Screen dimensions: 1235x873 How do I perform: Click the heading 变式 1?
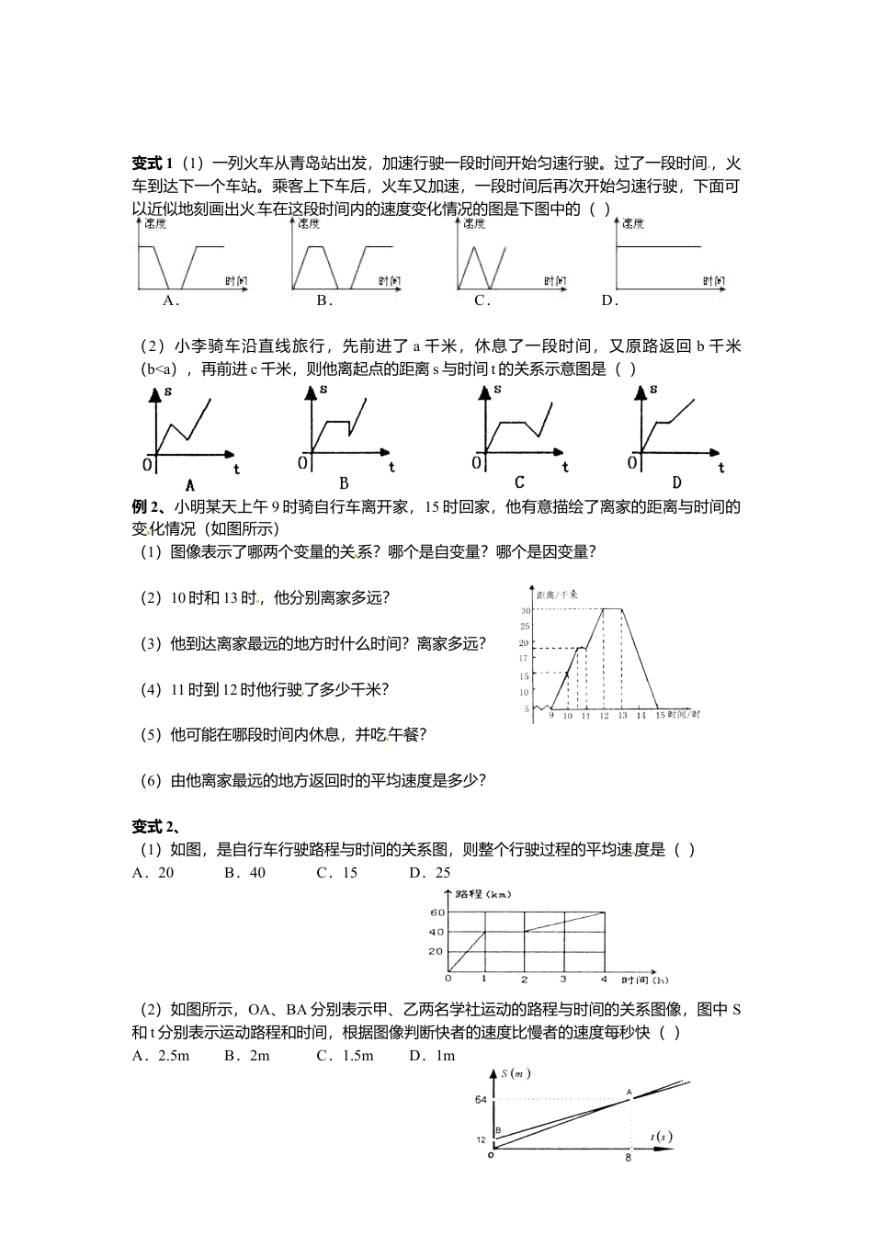(153, 164)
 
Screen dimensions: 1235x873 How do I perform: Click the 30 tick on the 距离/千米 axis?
(526, 610)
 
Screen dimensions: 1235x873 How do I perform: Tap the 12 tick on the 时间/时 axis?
(603, 715)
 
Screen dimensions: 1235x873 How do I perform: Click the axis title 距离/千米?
(557, 595)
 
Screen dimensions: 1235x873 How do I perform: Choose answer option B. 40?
(244, 873)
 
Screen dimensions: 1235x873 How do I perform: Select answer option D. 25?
(430, 873)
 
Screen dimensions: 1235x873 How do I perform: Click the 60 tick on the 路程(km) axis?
(436, 913)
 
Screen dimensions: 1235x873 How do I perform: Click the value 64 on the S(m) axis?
(481, 1100)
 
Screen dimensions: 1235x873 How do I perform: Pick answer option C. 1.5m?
(345, 1056)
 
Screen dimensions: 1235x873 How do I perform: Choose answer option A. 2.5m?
(161, 1056)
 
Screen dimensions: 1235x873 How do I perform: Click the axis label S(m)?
(516, 1073)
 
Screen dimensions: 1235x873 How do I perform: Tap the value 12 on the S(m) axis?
(481, 1140)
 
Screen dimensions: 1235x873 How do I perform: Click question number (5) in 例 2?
(151, 735)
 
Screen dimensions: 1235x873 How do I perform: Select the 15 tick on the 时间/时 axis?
(659, 715)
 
